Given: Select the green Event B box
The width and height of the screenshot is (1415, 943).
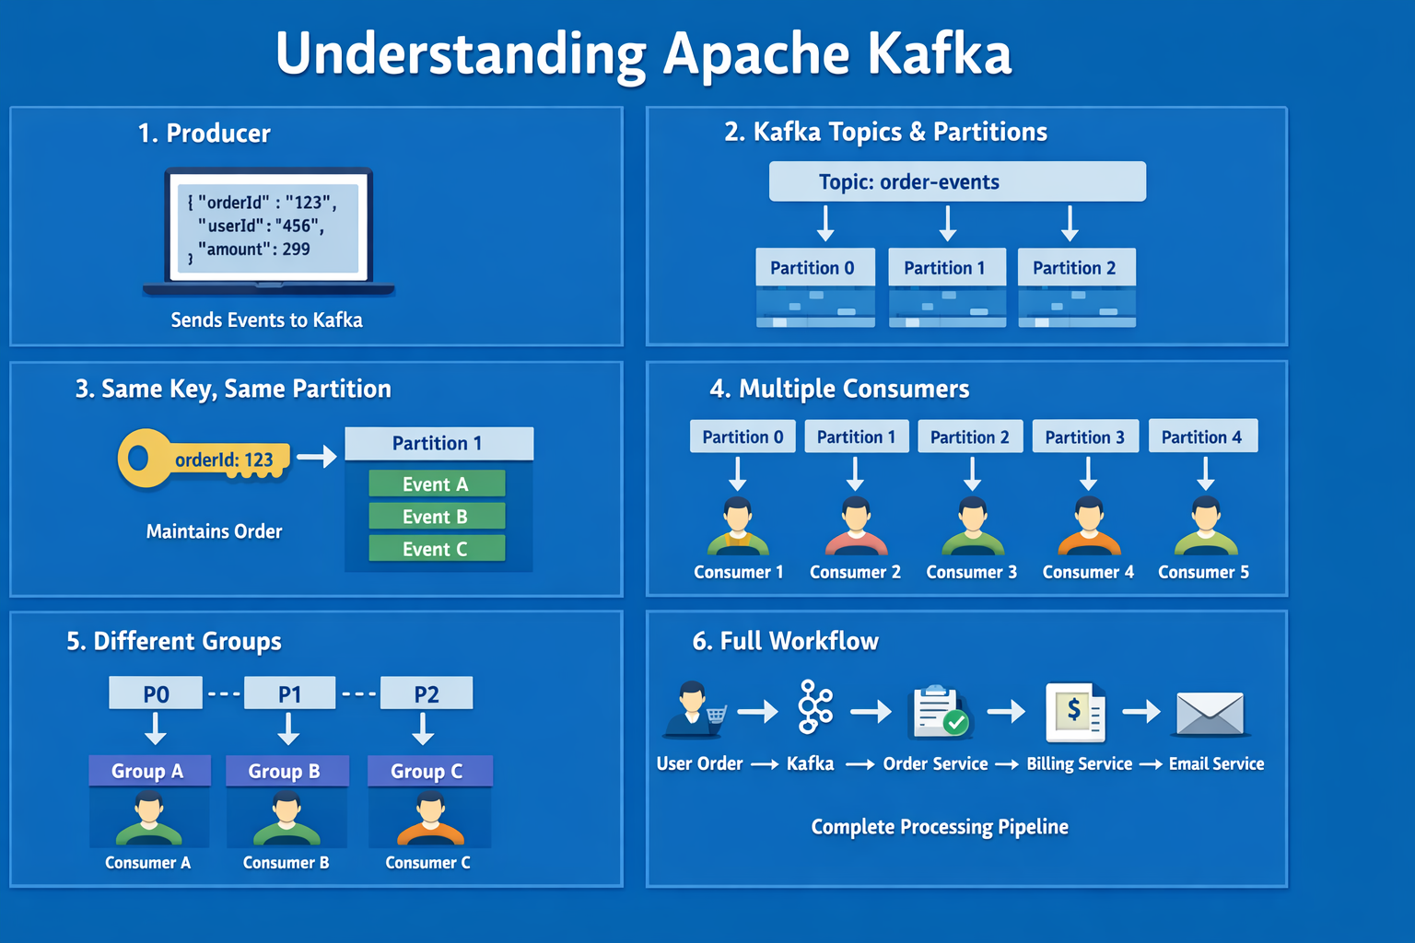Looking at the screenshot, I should click(x=437, y=517).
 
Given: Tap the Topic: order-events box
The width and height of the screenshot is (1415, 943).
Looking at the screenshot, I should click(x=957, y=181).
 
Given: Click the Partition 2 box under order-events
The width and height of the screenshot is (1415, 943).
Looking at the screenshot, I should click(x=1075, y=268).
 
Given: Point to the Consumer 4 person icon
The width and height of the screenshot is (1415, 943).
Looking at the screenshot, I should click(x=1088, y=527).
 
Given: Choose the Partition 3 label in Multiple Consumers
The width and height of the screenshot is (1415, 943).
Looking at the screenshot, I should click(x=1084, y=437).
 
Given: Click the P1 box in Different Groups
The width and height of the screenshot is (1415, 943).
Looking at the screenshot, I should click(x=289, y=693).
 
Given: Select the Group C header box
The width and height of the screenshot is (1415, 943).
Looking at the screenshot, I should click(x=428, y=771).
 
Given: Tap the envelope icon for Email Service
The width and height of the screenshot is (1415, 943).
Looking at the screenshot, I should click(x=1210, y=713).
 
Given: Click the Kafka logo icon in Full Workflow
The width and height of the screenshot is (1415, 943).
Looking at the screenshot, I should click(x=814, y=707).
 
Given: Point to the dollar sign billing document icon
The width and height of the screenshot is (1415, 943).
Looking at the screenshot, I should click(x=1075, y=712).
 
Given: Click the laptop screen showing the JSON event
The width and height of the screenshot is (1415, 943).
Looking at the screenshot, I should click(x=268, y=226).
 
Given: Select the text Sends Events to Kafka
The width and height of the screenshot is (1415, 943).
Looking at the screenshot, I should click(x=266, y=320).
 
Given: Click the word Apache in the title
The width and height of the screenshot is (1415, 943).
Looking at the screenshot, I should click(x=754, y=53).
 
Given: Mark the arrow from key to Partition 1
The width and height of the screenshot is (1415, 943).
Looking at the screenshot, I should click(x=317, y=456).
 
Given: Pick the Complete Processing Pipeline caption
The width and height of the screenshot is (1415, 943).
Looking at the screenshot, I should click(x=939, y=826).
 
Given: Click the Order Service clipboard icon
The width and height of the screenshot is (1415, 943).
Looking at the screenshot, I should click(x=939, y=712).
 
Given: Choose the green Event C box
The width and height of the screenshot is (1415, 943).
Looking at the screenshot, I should click(x=437, y=549).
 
